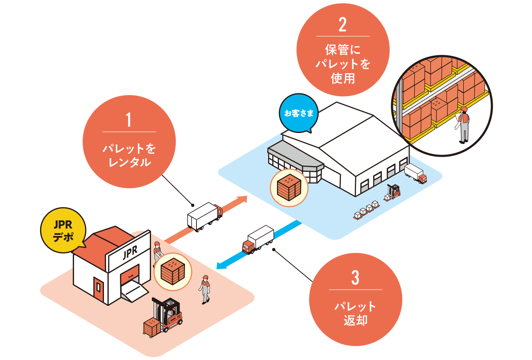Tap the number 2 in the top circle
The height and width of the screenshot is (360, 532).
(343, 25)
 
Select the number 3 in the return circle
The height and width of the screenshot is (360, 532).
(355, 278)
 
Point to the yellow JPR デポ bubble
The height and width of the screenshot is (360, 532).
(63, 231)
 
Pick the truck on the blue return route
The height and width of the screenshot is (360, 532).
(258, 240)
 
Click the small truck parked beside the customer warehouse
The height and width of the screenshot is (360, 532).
(415, 173)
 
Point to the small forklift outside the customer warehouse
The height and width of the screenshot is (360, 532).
(393, 192)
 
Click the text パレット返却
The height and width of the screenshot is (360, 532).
(355, 313)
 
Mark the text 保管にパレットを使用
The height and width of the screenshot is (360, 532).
(343, 64)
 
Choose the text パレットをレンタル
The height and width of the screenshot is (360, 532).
(129, 155)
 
